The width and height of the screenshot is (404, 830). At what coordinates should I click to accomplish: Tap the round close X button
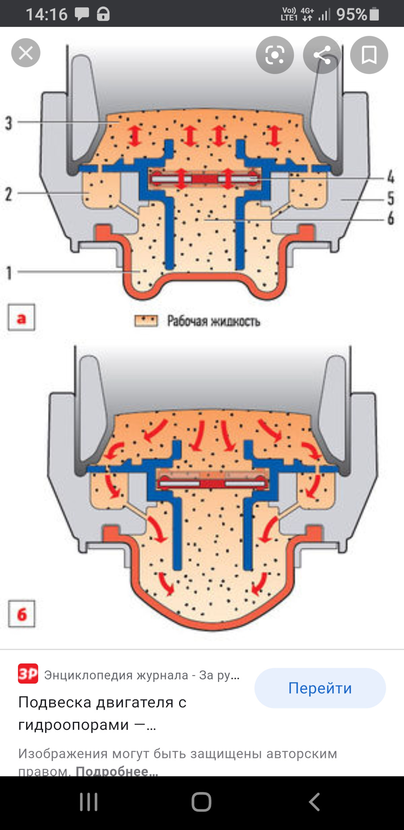(26, 53)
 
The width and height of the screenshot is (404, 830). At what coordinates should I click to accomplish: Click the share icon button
(322, 55)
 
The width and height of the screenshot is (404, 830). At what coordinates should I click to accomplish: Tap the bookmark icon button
(369, 55)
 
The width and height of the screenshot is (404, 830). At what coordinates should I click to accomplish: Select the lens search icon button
(275, 55)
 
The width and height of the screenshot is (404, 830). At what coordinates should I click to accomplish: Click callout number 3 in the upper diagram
(9, 123)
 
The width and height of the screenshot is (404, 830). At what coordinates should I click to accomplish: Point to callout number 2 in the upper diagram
(9, 194)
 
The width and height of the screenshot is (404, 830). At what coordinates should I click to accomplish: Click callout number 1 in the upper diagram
(9, 273)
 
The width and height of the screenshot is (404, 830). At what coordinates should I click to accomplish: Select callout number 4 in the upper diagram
(390, 177)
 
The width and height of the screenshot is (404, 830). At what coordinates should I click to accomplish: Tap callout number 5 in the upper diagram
(390, 198)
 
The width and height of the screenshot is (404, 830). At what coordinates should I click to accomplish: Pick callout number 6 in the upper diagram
(390, 218)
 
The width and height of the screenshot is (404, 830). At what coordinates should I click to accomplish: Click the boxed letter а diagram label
(21, 319)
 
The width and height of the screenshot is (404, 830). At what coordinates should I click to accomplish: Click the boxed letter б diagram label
(22, 613)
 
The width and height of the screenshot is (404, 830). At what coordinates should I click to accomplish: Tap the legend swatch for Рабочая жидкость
(146, 321)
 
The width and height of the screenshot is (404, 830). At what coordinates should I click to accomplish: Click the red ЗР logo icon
(28, 674)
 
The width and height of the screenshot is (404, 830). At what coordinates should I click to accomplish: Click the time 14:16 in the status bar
(47, 15)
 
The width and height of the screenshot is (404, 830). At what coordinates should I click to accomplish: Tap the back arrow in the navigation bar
(315, 802)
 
